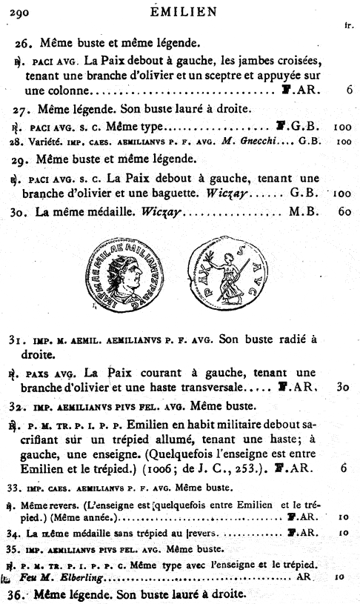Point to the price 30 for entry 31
tap(342, 387)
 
